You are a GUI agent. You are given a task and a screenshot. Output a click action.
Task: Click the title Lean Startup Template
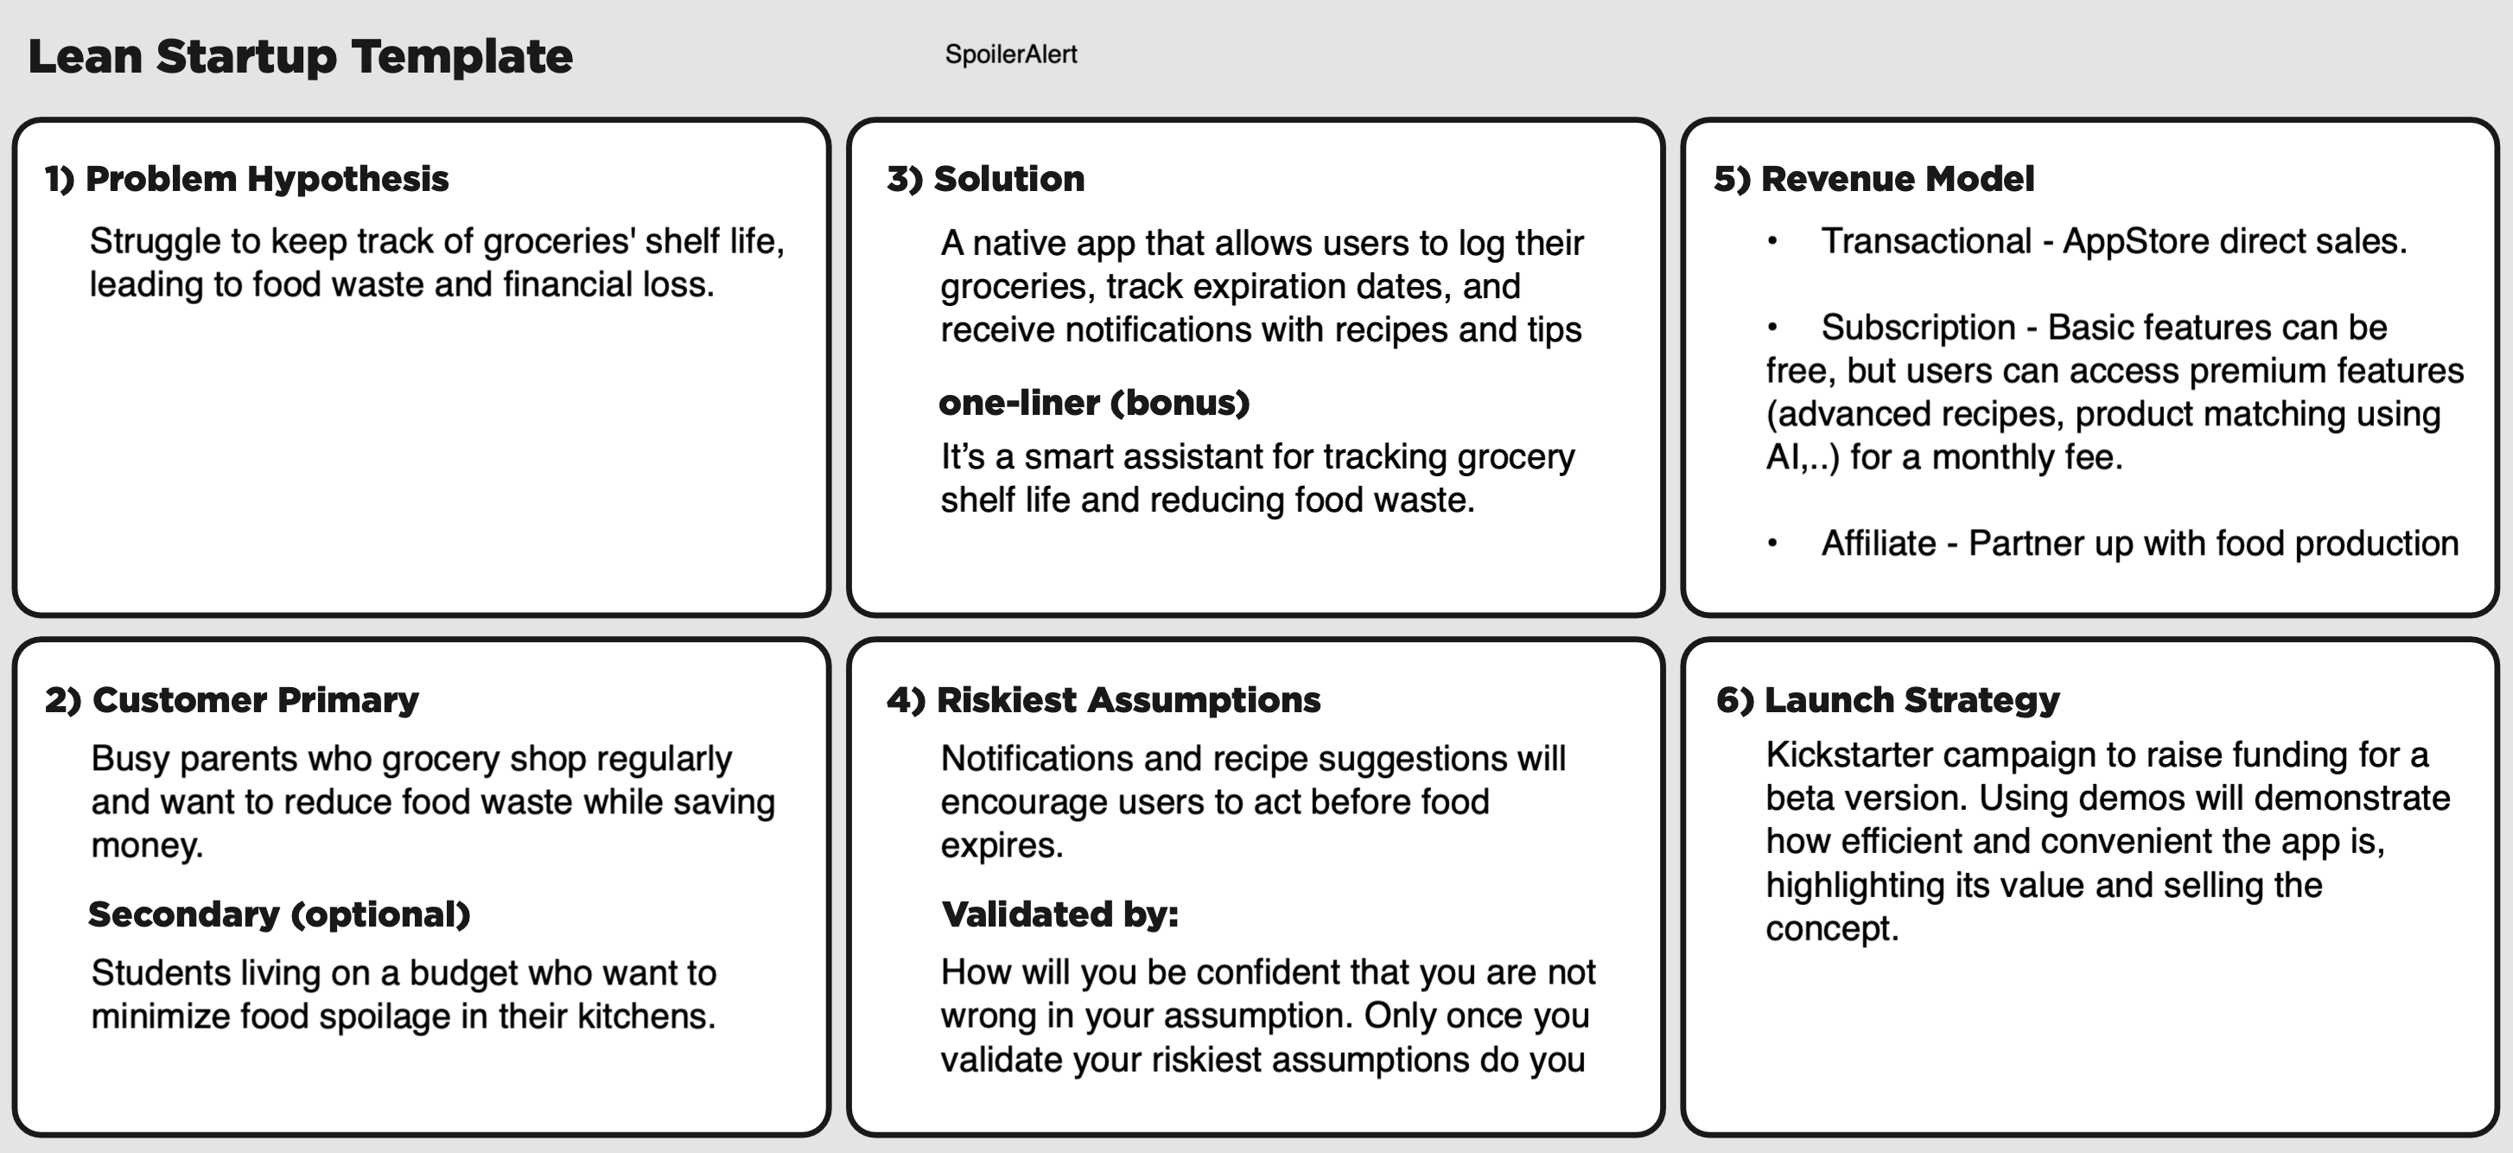coord(301,56)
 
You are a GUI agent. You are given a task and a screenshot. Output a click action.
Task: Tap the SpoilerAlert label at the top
coord(1011,54)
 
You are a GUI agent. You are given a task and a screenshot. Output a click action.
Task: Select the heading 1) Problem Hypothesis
coord(247,179)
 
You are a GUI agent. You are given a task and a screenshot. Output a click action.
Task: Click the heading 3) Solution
coord(985,179)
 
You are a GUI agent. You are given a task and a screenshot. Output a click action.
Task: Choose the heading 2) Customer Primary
coord(232,699)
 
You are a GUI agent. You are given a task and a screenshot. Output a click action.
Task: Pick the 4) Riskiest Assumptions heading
coord(1104,699)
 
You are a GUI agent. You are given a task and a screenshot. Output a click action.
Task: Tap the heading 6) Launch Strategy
coord(1887,699)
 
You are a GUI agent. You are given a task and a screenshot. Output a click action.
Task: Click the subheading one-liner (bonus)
coord(1093,403)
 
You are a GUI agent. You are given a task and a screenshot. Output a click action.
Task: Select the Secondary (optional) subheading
coord(279,914)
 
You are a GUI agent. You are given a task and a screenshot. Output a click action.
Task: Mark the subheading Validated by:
coord(1059,914)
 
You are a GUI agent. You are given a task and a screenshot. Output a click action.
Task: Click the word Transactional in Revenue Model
coord(1925,241)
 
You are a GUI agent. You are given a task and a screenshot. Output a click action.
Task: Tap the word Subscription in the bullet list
coord(1918,328)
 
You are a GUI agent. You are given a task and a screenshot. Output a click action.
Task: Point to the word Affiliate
coord(1878,544)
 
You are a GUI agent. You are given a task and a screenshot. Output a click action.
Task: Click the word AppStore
coord(2120,241)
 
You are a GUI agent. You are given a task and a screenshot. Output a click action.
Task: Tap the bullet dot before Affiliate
coord(1772,544)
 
